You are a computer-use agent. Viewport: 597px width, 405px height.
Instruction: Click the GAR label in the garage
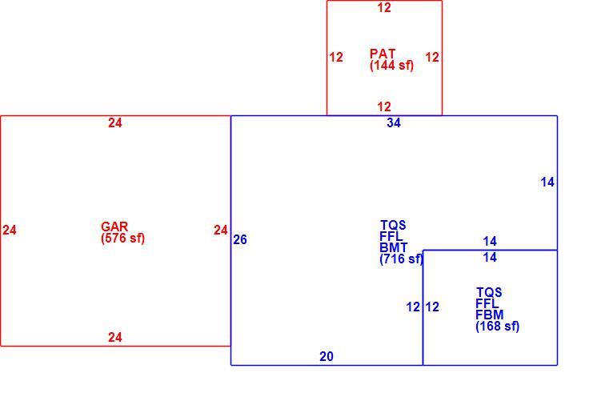point(114,227)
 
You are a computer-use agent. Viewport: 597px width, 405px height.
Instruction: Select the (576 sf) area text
point(123,239)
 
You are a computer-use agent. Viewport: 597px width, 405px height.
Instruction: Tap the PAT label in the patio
point(383,54)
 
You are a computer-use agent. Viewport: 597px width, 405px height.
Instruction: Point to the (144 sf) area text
point(392,65)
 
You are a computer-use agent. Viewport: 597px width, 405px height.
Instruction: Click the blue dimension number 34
point(394,122)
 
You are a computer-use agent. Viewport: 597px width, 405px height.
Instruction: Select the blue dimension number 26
point(240,239)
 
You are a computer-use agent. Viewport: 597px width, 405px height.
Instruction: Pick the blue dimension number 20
point(327,356)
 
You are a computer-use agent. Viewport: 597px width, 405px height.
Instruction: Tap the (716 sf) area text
point(401,259)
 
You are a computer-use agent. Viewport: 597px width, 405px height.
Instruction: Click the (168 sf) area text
point(498,327)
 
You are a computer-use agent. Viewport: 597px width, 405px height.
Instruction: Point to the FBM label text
point(490,315)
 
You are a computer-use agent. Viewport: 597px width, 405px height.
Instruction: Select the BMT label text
point(394,247)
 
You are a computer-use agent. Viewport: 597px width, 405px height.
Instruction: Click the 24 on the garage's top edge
point(115,122)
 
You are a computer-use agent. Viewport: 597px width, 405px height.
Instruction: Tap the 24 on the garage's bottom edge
point(115,337)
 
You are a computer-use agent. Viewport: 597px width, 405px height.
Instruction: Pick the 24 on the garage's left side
point(9,230)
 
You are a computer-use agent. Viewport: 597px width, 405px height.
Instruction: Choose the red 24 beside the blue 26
point(220,230)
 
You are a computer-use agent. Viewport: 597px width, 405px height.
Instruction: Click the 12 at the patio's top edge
point(384,8)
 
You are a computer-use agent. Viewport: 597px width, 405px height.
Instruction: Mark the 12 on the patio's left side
point(336,57)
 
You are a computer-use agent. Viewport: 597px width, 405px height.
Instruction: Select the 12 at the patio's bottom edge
point(384,106)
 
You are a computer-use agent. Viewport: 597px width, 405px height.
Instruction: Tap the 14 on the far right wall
point(547,182)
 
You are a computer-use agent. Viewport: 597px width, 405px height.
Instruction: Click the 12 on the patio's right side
point(432,57)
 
